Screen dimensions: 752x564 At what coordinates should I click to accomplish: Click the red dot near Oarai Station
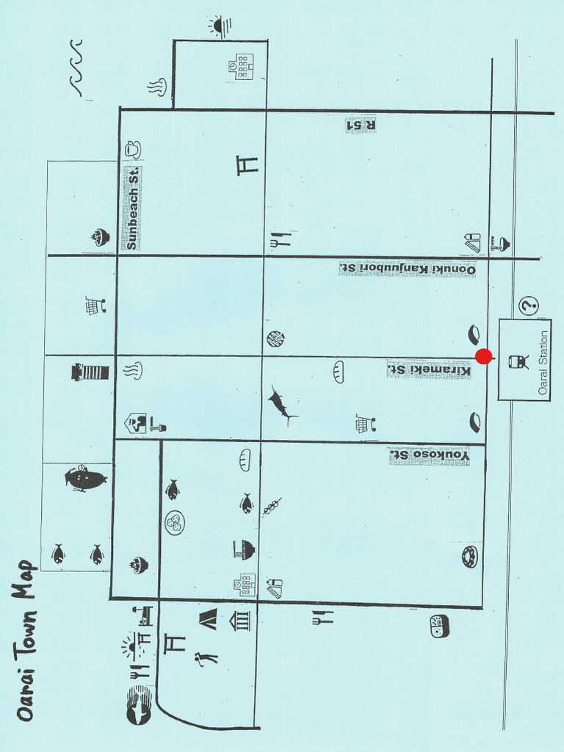point(483,356)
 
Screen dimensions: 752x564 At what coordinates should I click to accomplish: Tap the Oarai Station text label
point(543,362)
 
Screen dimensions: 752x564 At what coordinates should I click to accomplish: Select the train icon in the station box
point(518,361)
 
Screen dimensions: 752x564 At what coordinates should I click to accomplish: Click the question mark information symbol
point(529,305)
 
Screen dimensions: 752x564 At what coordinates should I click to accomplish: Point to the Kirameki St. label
point(429,369)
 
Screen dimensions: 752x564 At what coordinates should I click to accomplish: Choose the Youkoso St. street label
point(429,456)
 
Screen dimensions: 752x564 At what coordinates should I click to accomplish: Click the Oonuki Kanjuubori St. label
point(408,269)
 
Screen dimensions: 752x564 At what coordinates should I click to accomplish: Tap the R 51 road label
point(361,125)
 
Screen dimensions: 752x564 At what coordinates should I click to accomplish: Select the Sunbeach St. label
point(132,209)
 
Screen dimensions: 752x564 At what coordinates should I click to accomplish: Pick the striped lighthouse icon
point(90,372)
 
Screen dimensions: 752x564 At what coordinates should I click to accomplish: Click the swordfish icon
point(280,405)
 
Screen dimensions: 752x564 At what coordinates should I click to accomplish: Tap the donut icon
point(469,557)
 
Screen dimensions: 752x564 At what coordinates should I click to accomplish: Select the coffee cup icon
point(132,149)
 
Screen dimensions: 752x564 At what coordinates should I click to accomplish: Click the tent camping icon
point(209,619)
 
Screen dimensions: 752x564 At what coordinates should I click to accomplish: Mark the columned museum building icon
point(240,621)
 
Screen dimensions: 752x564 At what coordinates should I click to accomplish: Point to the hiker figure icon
point(206,658)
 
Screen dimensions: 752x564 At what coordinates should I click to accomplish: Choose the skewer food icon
point(272,506)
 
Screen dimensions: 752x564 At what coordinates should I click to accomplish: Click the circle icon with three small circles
point(175,522)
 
